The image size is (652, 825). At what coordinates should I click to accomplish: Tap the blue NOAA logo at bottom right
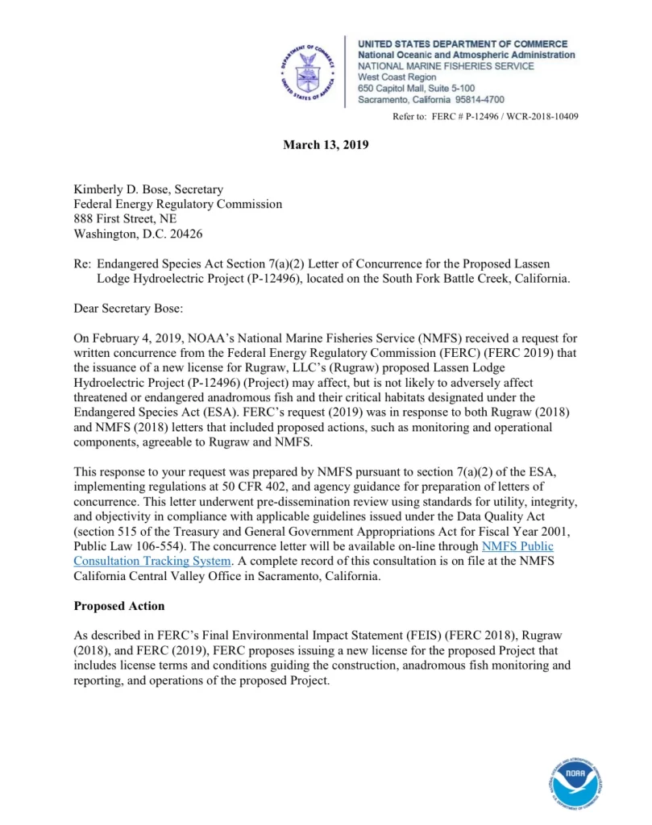coord(575,781)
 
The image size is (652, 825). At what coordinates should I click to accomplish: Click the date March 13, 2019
coord(326,145)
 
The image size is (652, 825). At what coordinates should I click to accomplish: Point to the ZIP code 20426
coord(182,234)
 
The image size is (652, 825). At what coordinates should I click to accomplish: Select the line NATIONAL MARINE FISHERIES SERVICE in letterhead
coord(446,66)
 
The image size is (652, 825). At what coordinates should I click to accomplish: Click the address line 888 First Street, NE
coord(125,219)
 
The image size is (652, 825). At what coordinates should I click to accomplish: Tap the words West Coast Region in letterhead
coord(397,77)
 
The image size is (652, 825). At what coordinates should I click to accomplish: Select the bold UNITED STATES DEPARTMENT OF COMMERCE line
coord(463,44)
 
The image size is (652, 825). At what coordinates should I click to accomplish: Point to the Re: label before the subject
coord(82,263)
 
